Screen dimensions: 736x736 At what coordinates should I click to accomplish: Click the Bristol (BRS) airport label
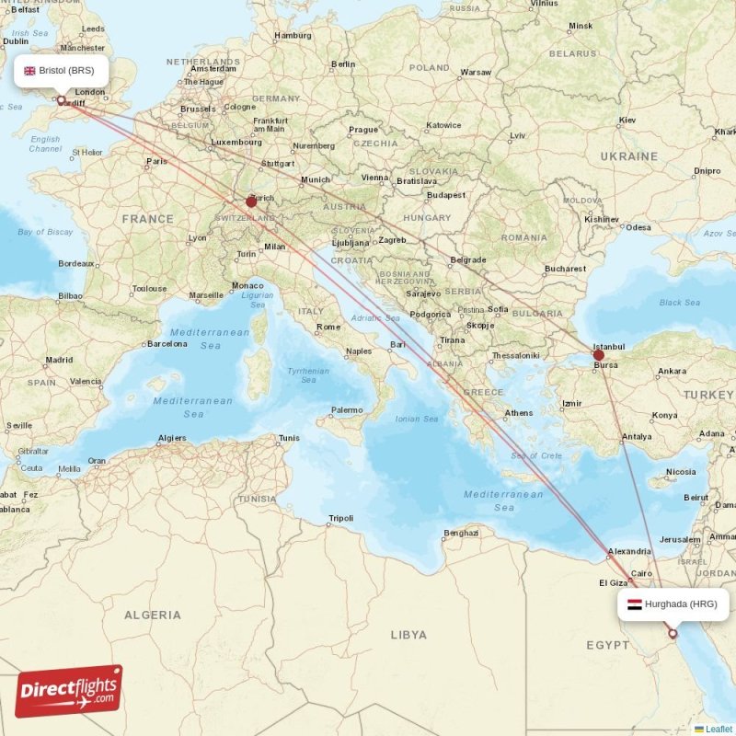61,70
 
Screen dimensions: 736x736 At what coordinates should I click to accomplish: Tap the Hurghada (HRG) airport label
673,604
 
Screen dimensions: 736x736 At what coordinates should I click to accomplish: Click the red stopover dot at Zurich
251,201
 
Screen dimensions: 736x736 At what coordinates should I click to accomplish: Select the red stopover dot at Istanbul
598,355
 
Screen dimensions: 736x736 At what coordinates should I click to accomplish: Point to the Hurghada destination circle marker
673,633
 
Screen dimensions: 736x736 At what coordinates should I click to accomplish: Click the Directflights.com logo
69,691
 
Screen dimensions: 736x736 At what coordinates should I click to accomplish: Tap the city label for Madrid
59,360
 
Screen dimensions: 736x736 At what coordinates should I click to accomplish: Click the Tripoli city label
340,518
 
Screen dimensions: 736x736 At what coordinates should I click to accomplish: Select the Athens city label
518,412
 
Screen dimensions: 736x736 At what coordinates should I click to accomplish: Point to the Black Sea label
679,303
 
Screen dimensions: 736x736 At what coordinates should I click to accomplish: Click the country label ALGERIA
154,614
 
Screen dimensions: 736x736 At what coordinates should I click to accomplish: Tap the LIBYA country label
408,634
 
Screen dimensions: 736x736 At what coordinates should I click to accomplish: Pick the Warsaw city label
476,72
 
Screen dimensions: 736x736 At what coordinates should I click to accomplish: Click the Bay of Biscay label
44,232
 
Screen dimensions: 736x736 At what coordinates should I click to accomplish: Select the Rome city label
328,327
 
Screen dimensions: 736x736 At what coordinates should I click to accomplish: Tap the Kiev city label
627,120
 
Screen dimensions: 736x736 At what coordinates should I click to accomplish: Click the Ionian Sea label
418,419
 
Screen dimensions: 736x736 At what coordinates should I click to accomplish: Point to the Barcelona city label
167,344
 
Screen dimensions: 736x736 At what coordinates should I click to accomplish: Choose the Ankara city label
672,371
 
